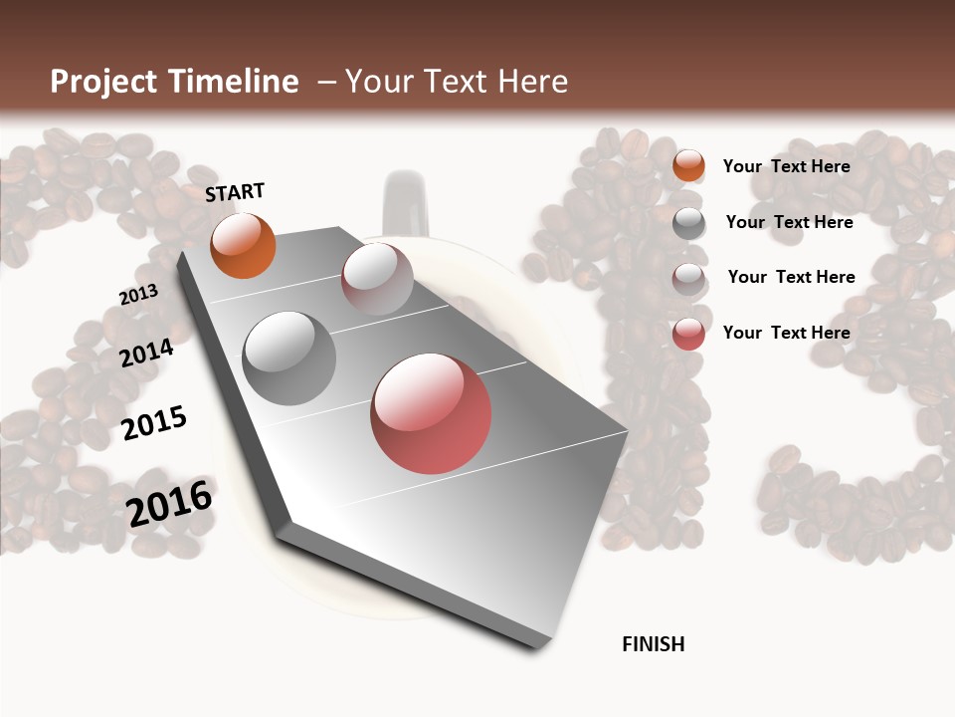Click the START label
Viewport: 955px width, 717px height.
(x=235, y=191)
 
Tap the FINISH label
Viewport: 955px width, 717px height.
(x=653, y=644)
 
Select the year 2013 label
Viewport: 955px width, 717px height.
(x=138, y=294)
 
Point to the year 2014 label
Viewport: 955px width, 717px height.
(x=146, y=353)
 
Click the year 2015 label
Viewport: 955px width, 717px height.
(x=154, y=423)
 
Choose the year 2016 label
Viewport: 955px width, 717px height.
(x=170, y=504)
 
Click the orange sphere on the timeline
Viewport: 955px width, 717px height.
(x=243, y=245)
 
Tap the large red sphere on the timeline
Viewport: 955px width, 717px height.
(x=431, y=413)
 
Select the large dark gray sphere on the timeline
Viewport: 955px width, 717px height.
(x=289, y=358)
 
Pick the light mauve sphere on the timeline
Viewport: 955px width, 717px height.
(x=377, y=279)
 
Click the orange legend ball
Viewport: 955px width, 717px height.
(x=688, y=166)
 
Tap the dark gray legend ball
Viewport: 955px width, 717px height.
(x=688, y=223)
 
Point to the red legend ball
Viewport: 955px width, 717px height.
(x=688, y=334)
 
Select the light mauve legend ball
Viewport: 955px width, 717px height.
(x=688, y=278)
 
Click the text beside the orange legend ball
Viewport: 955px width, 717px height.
(x=786, y=166)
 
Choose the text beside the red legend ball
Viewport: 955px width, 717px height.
(x=786, y=333)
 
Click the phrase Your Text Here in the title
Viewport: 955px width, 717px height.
(x=457, y=82)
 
